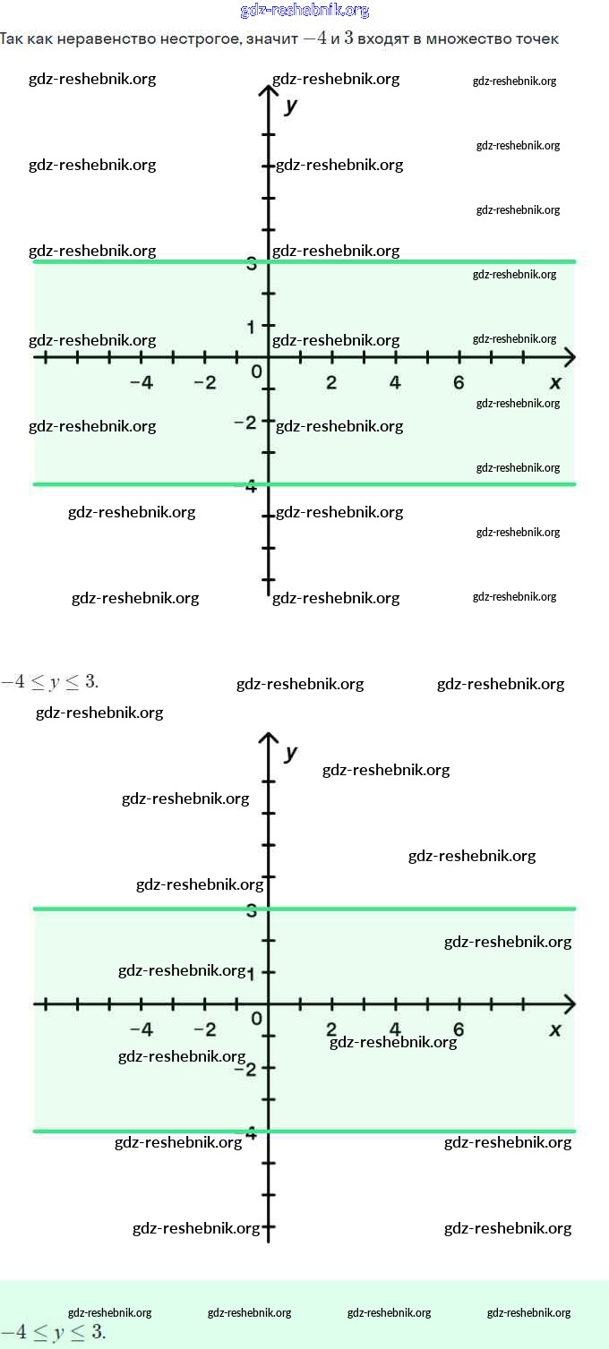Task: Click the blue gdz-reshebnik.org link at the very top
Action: pos(304,11)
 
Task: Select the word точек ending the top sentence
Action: pos(537,39)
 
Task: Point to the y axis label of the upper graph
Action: pos(291,106)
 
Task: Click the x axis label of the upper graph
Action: pos(555,382)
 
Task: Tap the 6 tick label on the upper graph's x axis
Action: pos(459,382)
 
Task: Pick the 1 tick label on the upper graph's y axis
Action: pos(253,327)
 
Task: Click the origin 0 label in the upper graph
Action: pos(256,371)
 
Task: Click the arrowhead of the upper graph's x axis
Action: pos(569,357)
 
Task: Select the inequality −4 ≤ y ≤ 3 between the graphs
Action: pos(49,682)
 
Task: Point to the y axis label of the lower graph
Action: pos(291,753)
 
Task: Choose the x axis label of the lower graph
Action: pos(555,1029)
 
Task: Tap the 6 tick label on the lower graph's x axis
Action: pos(459,1029)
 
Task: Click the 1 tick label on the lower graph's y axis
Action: pos(253,974)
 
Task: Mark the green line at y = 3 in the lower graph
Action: pos(403,909)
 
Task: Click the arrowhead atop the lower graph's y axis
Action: pos(269,738)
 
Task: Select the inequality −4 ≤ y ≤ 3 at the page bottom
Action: pos(53,1332)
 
